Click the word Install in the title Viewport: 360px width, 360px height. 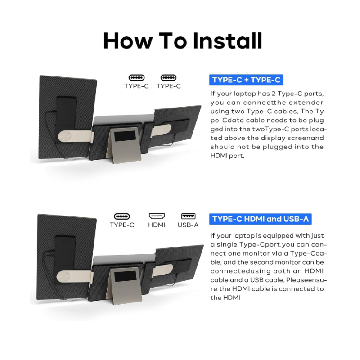[x=227, y=40]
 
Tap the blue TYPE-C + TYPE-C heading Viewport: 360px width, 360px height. [x=246, y=80]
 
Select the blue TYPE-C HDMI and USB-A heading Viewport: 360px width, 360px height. [x=261, y=219]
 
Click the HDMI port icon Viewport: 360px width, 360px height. [x=157, y=216]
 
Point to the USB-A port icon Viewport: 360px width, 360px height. [x=188, y=216]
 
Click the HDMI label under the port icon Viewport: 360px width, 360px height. [x=157, y=225]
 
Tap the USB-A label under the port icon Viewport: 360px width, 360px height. [x=188, y=225]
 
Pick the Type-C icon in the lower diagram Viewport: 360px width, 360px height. [x=122, y=216]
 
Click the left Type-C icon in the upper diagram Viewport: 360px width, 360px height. [x=137, y=77]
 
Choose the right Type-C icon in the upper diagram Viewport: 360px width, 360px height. [x=168, y=77]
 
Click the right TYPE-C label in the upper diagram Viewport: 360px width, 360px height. [x=168, y=86]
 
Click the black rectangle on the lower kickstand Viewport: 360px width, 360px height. [x=126, y=277]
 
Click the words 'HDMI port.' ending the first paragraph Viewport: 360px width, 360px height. [x=228, y=156]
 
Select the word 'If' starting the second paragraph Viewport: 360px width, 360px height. [x=212, y=235]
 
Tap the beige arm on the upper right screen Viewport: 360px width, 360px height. [x=161, y=130]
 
